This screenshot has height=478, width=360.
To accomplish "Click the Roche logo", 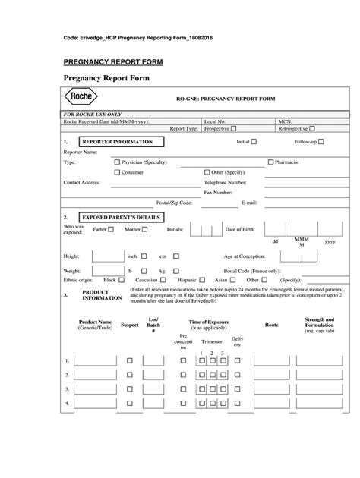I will [79, 99].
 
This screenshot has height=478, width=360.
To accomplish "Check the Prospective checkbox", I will [233, 129].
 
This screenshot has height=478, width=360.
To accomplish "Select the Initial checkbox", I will [254, 142].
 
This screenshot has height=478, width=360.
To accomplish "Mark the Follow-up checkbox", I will [321, 142].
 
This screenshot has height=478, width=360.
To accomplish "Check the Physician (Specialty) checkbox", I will [116, 162].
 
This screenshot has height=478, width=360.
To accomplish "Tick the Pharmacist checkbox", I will [270, 162].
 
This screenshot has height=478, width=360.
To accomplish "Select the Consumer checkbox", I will [116, 172].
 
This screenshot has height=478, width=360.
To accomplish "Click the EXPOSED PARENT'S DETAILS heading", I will [120, 216].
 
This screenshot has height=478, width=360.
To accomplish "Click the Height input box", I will [104, 256].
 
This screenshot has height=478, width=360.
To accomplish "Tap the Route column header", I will [271, 324].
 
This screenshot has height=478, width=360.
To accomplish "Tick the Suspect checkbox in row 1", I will [129, 360].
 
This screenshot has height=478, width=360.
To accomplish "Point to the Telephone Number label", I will [226, 183].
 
